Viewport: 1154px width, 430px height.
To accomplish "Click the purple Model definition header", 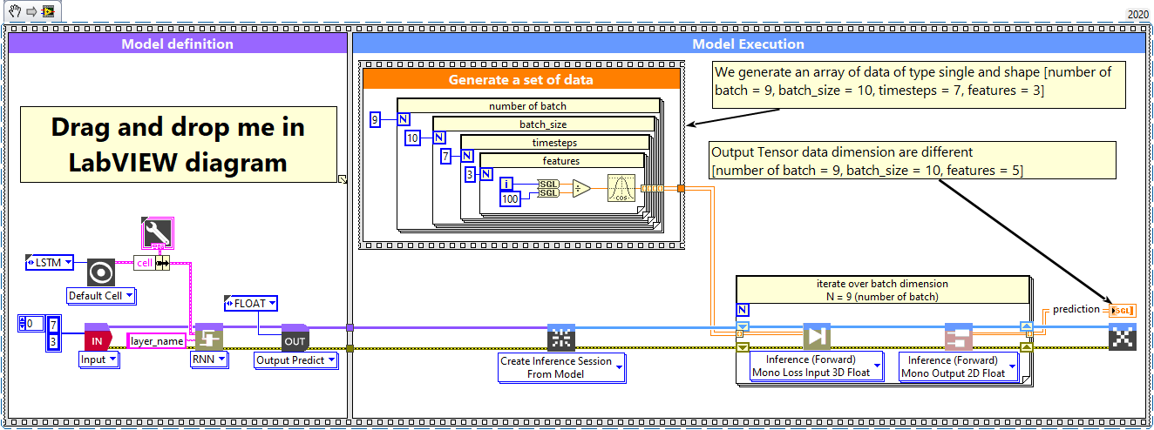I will point(177,44).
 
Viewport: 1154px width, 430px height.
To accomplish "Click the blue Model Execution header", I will point(748,44).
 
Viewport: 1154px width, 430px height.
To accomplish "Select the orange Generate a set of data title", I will point(520,80).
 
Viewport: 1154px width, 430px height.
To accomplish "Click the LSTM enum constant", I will point(50,263).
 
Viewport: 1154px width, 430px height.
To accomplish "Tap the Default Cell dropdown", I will point(102,296).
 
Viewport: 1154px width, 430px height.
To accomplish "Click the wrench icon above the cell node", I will point(157,234).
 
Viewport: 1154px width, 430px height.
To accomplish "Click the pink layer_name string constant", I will point(158,341).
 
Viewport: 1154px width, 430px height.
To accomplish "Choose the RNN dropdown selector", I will point(210,359).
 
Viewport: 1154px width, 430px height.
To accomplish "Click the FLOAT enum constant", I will point(251,304).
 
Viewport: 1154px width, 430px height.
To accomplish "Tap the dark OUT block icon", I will point(295,339).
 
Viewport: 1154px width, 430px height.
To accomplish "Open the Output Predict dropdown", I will point(295,360).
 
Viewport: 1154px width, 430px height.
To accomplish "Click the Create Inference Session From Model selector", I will point(561,367).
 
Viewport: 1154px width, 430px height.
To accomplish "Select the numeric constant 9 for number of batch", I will point(375,120).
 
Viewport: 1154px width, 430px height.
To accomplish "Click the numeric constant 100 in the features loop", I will point(511,200).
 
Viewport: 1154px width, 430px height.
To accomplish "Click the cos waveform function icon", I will point(621,189).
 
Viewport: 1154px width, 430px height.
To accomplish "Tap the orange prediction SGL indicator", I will point(1122,310).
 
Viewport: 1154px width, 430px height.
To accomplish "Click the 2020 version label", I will point(1137,14).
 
